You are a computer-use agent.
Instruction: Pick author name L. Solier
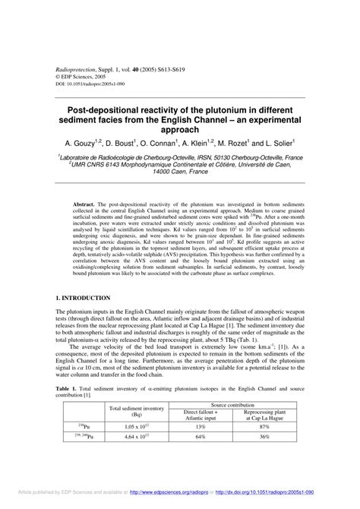[x=271, y=143]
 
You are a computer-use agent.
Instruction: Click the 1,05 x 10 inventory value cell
[x=137, y=427]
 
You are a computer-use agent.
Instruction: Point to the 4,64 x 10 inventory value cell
[x=137, y=437]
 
